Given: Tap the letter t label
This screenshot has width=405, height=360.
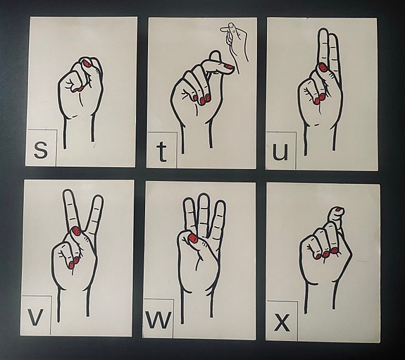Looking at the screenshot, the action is coord(162,152).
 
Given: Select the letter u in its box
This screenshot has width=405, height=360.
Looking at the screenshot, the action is coord(280,152).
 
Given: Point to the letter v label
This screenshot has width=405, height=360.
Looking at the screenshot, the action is coord(35,317).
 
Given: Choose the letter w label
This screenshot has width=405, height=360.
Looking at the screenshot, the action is coord(158,319).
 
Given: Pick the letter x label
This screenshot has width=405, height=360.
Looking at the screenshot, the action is coord(282,323).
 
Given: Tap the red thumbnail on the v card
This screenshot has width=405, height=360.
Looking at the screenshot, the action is coord(76,231).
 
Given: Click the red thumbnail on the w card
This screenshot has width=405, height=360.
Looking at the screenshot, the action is coord(193,238).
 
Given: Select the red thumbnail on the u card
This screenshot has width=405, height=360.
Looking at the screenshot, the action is coord(323,68).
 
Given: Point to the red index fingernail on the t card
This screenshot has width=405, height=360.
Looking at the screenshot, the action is coord(229,67).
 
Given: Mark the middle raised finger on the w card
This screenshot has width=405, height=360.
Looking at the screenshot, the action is coord(204,213).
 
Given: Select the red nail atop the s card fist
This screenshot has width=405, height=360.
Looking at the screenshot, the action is coord(87,63).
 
